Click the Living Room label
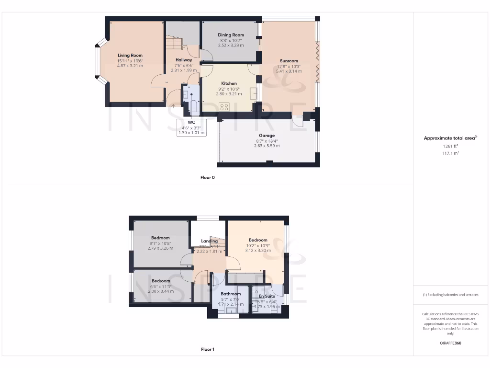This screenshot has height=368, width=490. pyautogui.click(x=130, y=56)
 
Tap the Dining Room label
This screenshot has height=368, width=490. pyautogui.click(x=231, y=35)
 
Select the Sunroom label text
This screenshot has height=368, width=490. pyautogui.click(x=289, y=61)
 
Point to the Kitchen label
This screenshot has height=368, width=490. pyautogui.click(x=229, y=83)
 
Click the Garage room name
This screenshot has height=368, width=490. pyautogui.click(x=267, y=136)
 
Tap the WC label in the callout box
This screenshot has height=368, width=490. pyautogui.click(x=192, y=123)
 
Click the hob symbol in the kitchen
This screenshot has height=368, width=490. pyautogui.click(x=224, y=106)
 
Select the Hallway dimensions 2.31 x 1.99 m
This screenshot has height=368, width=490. pyautogui.click(x=184, y=70)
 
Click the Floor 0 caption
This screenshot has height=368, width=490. pyautogui.click(x=207, y=177)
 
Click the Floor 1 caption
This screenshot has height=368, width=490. pyautogui.click(x=207, y=349)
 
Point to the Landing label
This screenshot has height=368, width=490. pyautogui.click(x=209, y=241)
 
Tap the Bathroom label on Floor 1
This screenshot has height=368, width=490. pyautogui.click(x=231, y=294)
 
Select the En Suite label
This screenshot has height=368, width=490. pyautogui.click(x=267, y=297)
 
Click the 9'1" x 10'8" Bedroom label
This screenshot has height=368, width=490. pyautogui.click(x=160, y=238)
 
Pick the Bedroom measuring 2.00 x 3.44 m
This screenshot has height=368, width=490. pyautogui.click(x=160, y=281)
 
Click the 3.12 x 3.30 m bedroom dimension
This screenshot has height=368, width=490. pyautogui.click(x=258, y=250)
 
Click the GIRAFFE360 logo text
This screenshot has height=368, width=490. pyautogui.click(x=450, y=343)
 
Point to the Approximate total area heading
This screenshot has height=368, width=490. pyautogui.click(x=450, y=138)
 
